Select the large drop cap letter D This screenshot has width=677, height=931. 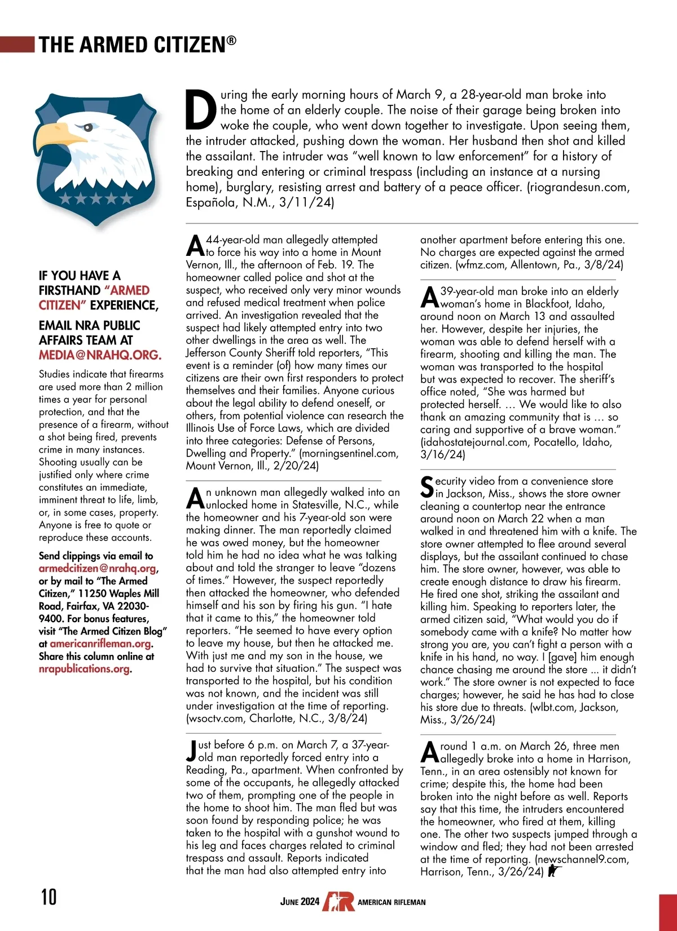[201, 109]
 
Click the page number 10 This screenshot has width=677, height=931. [49, 896]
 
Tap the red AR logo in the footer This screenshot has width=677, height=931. [338, 901]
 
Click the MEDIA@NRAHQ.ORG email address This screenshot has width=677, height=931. [100, 355]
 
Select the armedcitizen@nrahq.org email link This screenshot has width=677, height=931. [98, 569]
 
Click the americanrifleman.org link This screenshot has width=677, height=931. [100, 644]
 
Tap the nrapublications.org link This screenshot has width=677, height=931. [84, 669]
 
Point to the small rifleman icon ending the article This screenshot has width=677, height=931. [553, 871]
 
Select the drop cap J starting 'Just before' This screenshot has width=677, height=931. [192, 751]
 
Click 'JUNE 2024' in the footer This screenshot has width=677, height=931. [300, 901]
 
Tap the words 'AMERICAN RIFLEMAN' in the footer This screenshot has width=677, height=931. [392, 902]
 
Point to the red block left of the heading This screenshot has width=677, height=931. [17, 44]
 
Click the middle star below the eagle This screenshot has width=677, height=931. [96, 198]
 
